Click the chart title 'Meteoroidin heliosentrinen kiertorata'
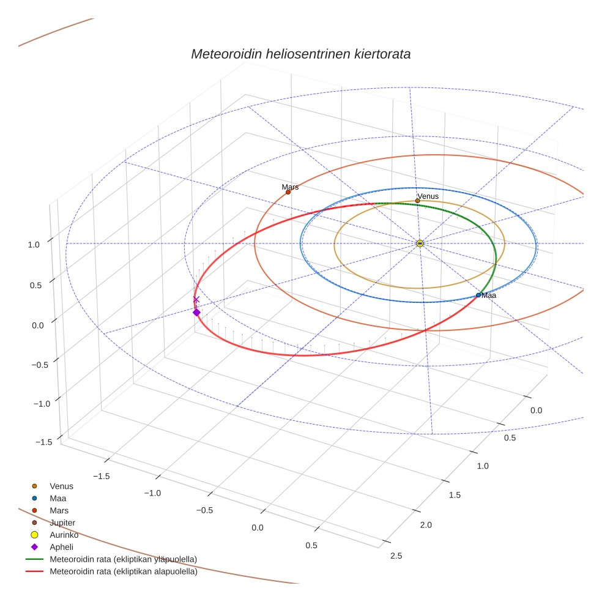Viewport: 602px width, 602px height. point(300,54)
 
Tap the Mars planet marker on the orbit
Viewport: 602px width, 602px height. point(288,192)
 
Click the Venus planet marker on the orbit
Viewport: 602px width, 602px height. point(417,201)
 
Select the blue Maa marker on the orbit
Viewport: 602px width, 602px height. point(478,295)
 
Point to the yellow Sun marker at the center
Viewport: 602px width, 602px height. point(420,243)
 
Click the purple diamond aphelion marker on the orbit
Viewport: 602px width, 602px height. point(196,313)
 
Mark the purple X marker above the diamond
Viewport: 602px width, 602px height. point(196,299)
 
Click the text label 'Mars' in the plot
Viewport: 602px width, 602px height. point(290,187)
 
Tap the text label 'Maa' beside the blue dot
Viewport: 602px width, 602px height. point(489,295)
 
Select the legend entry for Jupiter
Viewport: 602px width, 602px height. point(62,522)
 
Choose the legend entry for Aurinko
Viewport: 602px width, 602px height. point(64,535)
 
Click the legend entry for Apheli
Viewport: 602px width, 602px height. point(61,547)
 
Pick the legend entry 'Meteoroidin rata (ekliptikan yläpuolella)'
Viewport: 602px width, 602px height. point(123,559)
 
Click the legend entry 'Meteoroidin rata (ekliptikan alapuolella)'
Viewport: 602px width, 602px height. point(123,572)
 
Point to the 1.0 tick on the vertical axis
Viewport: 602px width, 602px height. point(33,244)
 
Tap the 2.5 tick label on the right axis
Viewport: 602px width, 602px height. point(396,556)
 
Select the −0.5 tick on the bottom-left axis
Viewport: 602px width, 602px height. point(204,510)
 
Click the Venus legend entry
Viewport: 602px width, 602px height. point(61,486)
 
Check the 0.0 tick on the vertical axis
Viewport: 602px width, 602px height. point(38,325)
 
